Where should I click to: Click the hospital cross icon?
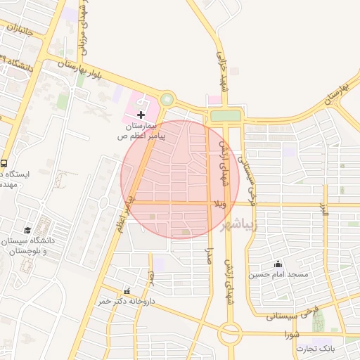141,114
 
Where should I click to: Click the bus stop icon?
5,162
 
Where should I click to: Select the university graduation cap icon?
27,230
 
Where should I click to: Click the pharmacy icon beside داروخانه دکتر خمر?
127,291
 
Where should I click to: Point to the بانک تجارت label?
311,348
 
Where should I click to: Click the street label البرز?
324,209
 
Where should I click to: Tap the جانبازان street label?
22,30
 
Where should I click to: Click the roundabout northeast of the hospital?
167,100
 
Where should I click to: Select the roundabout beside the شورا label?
229,332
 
